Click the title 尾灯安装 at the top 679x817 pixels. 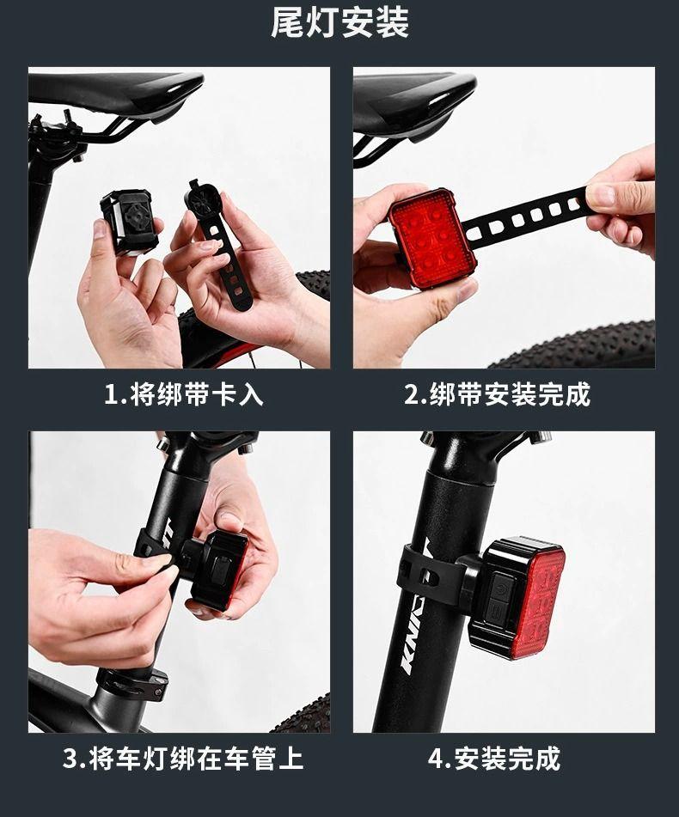(339, 22)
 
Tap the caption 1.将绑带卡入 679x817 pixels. (184, 394)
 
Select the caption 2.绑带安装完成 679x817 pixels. (497, 394)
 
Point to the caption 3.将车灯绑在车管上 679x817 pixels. (183, 758)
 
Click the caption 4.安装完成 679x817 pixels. (494, 758)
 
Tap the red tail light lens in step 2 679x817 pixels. (433, 238)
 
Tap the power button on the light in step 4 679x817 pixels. (499, 588)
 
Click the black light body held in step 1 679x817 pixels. (128, 222)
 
